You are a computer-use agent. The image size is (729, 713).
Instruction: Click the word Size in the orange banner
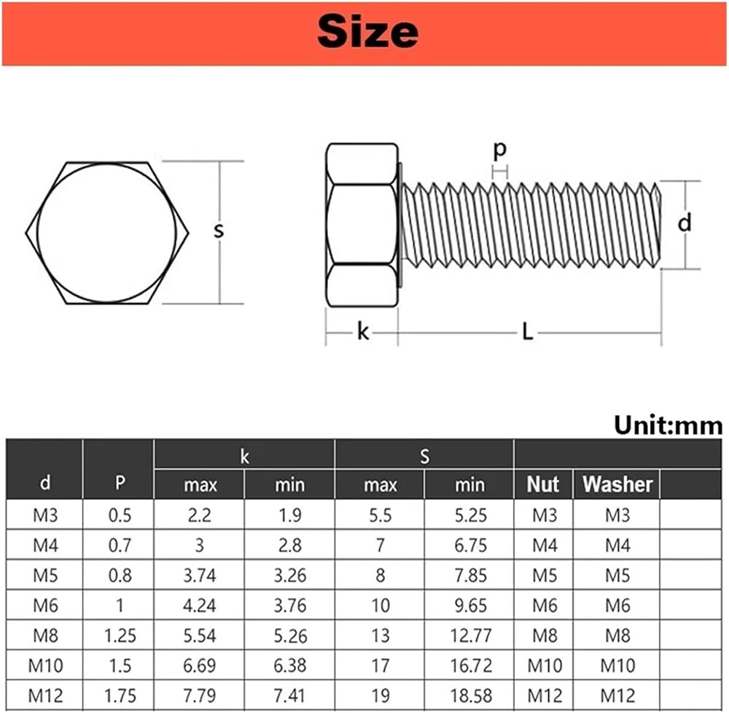pos(367,31)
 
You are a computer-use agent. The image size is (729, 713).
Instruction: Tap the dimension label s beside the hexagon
pos(219,230)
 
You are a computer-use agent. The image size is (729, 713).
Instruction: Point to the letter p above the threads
pos(500,150)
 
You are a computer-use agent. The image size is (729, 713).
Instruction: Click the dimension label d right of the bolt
pos(685,223)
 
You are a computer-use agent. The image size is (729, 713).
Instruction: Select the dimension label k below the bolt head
pos(362,332)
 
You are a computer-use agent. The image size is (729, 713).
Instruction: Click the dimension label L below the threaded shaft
pos(527,332)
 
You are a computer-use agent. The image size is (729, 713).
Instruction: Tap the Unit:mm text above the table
pos(668,425)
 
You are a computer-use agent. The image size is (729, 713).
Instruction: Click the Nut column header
pos(542,484)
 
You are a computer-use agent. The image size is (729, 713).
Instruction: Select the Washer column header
pos(617,484)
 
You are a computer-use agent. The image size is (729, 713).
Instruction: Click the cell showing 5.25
pos(470,515)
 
